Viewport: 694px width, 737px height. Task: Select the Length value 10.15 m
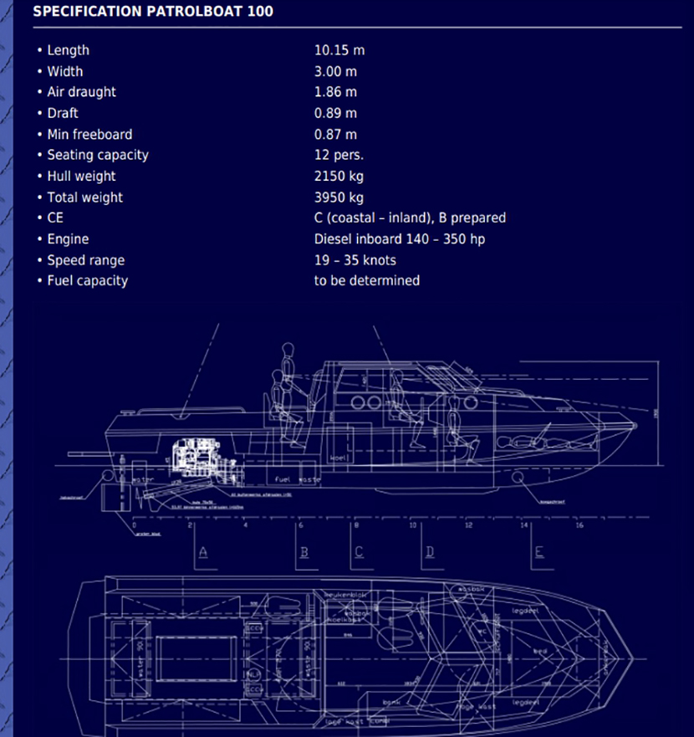click(339, 50)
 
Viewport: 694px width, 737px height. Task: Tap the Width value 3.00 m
click(335, 71)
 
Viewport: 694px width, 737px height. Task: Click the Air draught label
click(81, 92)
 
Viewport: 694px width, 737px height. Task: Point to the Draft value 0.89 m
click(335, 113)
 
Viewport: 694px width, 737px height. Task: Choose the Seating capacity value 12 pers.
click(339, 155)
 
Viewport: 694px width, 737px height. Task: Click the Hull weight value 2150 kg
click(339, 176)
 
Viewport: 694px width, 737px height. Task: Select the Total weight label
click(84, 197)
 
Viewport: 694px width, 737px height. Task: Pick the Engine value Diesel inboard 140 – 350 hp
click(399, 239)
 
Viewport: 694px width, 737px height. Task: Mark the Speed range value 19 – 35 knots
click(355, 260)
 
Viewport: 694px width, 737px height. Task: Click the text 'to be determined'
click(366, 281)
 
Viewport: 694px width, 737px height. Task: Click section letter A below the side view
click(202, 552)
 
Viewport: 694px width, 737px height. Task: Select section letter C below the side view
click(360, 552)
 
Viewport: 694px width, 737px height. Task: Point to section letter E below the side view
click(540, 551)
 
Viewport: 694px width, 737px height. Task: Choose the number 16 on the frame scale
click(579, 526)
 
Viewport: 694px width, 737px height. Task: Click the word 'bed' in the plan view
click(540, 650)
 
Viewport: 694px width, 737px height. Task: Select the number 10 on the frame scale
click(412, 526)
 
